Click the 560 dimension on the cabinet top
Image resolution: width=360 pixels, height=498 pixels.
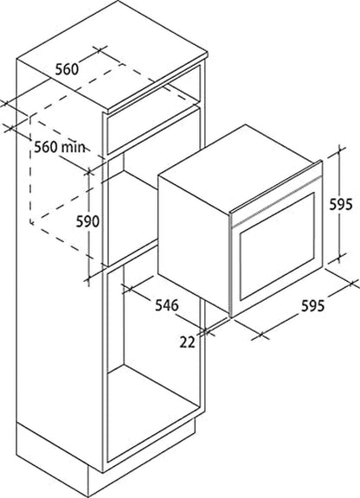click(67, 69)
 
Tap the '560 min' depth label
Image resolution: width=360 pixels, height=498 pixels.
click(60, 147)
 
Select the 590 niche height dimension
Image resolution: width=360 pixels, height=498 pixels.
click(87, 221)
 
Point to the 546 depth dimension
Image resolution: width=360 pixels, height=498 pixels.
click(167, 305)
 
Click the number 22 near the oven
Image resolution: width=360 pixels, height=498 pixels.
click(187, 342)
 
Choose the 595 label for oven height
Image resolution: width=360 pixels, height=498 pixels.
click(341, 204)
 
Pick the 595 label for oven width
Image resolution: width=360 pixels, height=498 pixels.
click(313, 305)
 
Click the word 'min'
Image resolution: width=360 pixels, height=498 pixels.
click(74, 147)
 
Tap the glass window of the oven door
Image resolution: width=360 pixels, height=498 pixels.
click(277, 246)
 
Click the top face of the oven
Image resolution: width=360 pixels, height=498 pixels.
click(240, 169)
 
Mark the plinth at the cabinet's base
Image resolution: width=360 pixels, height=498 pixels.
click(105, 457)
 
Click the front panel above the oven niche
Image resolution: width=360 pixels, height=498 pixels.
click(153, 130)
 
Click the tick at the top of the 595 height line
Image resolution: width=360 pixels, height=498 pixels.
click(340, 150)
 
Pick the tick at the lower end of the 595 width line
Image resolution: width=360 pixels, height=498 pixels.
click(261, 335)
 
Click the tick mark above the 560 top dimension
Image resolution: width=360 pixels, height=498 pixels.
click(100, 50)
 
